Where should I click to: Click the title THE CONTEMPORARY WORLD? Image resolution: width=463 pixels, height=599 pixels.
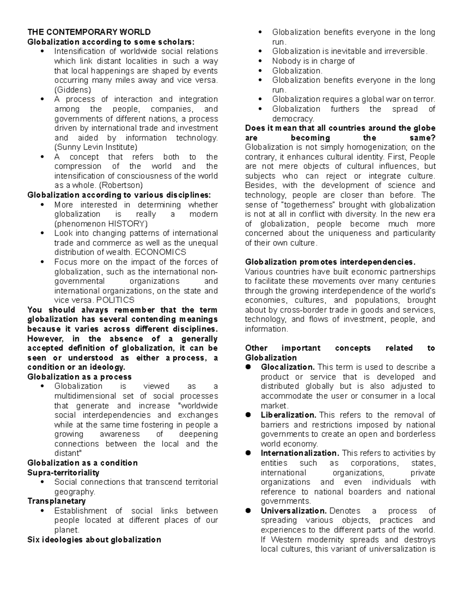pos(89,32)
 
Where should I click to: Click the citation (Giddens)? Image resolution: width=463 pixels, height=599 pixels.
pos(73,90)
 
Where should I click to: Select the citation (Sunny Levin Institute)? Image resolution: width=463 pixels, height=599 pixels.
pos(96,147)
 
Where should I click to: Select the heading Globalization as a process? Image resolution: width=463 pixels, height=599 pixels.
pos(79,377)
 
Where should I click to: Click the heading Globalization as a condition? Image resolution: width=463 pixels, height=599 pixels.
pos(83,463)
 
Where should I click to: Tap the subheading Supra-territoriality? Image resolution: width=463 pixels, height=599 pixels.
pos(63,472)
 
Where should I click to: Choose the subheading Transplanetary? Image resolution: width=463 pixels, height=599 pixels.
pos(56,501)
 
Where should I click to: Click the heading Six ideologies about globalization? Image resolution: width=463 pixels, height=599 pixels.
pos(94,540)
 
